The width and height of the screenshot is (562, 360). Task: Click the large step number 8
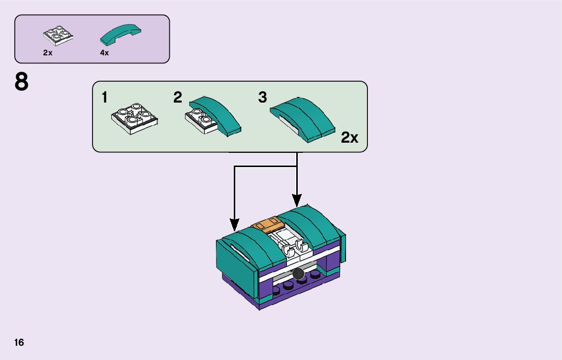coord(22,83)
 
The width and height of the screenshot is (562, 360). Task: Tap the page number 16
coord(19,342)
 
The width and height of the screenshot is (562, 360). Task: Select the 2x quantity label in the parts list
coord(48,53)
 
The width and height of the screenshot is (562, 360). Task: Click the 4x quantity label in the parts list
coord(104,53)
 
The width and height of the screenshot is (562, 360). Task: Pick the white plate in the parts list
coord(58,35)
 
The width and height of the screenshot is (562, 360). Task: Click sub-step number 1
coord(105,97)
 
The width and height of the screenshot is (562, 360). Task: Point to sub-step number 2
coord(177,97)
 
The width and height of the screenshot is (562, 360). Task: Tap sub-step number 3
coord(262,97)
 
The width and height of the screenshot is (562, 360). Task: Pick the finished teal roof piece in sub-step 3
coord(303,118)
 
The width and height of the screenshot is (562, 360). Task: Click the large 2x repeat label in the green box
coord(350,137)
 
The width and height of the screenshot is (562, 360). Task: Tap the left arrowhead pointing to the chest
coord(234,224)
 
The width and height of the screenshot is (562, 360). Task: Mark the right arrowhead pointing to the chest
coord(297,200)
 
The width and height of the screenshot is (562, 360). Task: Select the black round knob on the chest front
coord(298,274)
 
